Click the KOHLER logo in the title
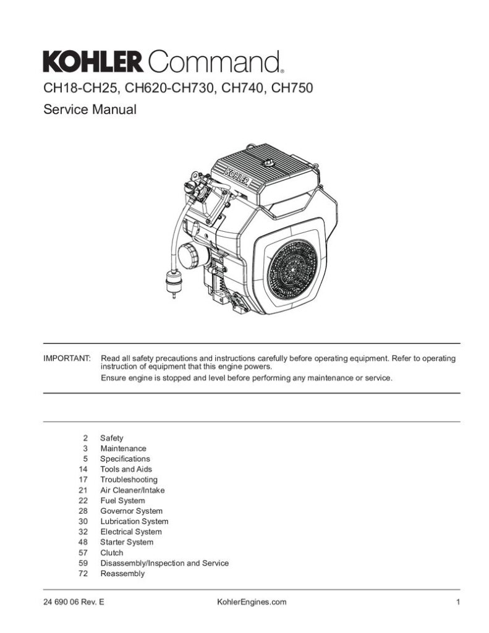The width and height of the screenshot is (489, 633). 93,62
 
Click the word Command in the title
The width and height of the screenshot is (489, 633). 214,62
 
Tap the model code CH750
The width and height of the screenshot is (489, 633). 292,88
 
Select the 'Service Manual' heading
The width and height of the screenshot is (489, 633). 90,109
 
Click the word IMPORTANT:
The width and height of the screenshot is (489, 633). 67,359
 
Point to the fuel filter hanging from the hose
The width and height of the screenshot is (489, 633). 174,283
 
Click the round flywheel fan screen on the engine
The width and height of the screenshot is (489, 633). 292,270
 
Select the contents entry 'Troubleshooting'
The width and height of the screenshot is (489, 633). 129,480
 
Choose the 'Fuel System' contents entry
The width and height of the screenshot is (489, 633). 122,501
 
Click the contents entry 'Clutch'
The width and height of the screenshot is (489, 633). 111,553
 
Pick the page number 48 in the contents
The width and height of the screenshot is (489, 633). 83,542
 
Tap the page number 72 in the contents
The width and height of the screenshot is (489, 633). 83,574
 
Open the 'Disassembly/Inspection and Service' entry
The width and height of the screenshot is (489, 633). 164,563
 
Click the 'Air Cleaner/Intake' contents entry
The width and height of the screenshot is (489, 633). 132,490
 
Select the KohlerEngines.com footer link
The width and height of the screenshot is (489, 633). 252,602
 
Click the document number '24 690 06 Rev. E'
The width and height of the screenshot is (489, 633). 74,602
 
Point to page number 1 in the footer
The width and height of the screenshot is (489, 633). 458,602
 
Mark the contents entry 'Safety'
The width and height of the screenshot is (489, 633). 111,438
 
